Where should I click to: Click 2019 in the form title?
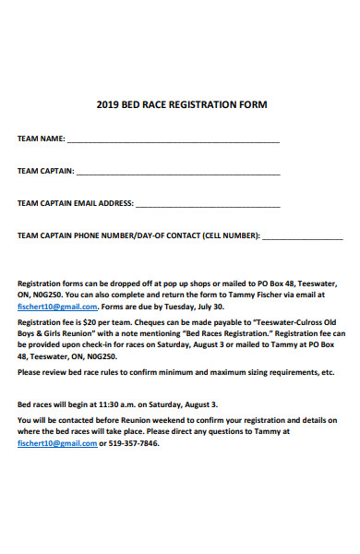click(108, 104)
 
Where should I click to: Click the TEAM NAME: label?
click(42, 138)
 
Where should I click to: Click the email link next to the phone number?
click(57, 443)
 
